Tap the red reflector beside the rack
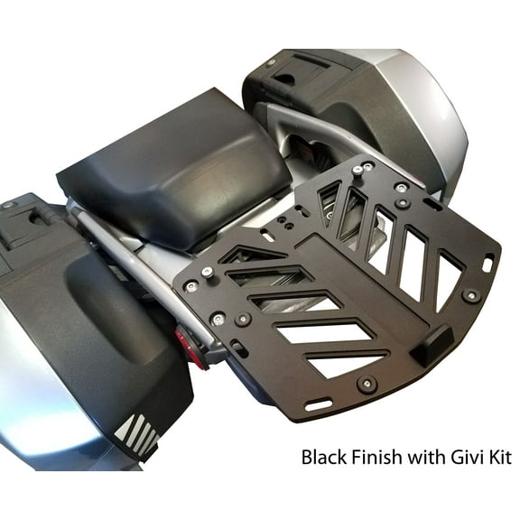(191, 348)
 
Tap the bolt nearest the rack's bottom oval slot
(367, 384)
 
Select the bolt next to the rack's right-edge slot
(471, 295)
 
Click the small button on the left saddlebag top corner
(8, 205)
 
